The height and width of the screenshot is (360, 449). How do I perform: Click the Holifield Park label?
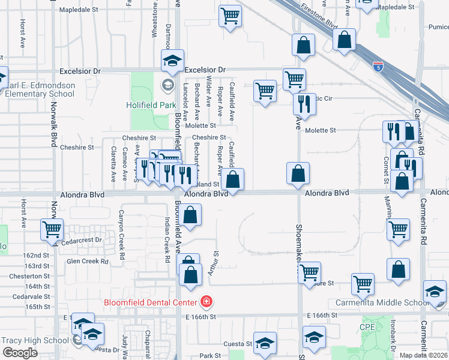[149, 104]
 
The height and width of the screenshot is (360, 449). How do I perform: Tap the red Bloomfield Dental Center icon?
[206, 301]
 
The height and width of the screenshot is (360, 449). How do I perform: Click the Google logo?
[20, 353]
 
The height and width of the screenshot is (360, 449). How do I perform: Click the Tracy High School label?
[35, 340]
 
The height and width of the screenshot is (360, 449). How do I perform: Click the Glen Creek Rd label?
[88, 261]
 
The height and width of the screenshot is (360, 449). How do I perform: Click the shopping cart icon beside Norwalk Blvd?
[52, 229]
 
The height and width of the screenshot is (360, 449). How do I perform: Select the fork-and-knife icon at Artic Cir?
[305, 103]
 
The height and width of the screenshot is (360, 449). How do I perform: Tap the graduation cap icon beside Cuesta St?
[265, 343]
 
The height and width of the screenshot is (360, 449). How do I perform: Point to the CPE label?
[367, 327]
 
